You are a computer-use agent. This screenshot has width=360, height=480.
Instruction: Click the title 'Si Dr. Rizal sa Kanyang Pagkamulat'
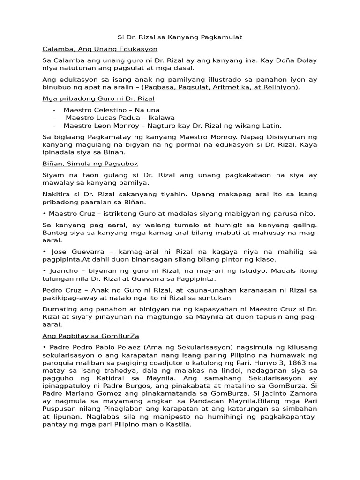(x=180, y=37)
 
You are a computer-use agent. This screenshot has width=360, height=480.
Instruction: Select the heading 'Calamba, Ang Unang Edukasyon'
(x=100, y=49)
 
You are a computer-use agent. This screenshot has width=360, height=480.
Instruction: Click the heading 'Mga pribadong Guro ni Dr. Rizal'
(x=98, y=99)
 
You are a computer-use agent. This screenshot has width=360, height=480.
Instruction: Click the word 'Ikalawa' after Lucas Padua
(x=162, y=118)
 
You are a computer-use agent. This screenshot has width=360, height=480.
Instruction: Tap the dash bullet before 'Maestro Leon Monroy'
(x=54, y=125)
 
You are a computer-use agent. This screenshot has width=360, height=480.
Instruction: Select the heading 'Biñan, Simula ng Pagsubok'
(x=90, y=164)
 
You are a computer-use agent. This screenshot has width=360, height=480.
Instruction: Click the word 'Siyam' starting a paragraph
(x=52, y=175)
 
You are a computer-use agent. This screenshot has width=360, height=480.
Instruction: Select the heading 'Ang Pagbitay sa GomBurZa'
(x=91, y=336)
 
